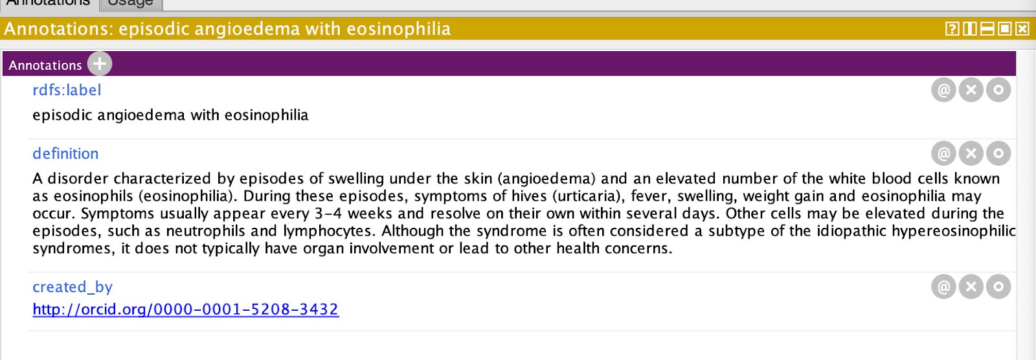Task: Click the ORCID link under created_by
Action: click(185, 309)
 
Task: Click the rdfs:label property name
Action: click(67, 90)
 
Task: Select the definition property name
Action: click(65, 153)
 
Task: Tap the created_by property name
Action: click(72, 287)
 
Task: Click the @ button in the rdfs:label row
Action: click(943, 90)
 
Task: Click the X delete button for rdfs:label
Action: click(971, 90)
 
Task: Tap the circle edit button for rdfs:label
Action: click(998, 90)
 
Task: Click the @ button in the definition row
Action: click(943, 153)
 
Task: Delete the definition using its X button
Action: click(971, 153)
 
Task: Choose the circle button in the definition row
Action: click(998, 153)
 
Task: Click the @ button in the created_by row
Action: click(943, 287)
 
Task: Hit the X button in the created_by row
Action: click(971, 287)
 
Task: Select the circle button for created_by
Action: click(998, 287)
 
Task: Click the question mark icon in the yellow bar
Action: click(952, 29)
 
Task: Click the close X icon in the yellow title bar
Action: click(1022, 29)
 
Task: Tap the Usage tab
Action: click(130, 3)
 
